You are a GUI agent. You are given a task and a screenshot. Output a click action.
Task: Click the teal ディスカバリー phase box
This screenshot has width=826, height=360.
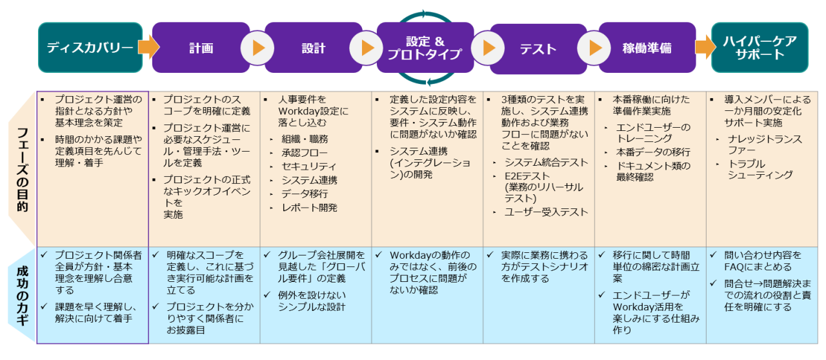(90, 47)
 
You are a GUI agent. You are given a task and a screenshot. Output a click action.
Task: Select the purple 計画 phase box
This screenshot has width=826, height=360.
(201, 48)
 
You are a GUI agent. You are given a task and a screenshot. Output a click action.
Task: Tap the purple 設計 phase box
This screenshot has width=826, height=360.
(313, 48)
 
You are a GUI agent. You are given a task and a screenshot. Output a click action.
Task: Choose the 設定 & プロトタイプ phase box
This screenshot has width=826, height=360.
(424, 48)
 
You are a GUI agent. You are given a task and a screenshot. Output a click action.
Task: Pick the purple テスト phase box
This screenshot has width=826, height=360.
(538, 48)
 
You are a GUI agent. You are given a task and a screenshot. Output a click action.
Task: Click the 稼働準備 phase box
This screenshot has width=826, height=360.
(647, 48)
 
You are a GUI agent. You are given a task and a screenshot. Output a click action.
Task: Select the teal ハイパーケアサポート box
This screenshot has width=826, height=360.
(759, 48)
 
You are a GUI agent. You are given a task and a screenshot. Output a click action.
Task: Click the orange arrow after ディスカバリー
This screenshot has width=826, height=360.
(148, 47)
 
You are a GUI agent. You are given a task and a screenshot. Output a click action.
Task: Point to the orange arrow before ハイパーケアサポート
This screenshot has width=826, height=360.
(705, 47)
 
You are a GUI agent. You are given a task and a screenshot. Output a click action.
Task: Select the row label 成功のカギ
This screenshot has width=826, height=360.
(22, 295)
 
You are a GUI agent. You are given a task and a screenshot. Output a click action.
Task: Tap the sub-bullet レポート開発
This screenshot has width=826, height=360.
(309, 208)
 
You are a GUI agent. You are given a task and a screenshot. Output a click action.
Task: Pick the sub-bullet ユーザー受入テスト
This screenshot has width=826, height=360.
(546, 212)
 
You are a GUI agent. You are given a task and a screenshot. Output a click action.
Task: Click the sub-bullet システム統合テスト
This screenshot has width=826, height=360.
(546, 163)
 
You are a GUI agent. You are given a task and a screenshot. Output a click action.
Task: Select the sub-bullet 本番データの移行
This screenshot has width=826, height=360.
(651, 152)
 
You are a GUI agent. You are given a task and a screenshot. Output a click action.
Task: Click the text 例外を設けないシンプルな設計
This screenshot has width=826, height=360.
(312, 301)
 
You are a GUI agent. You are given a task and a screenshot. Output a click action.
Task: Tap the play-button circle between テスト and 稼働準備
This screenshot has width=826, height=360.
(594, 48)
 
